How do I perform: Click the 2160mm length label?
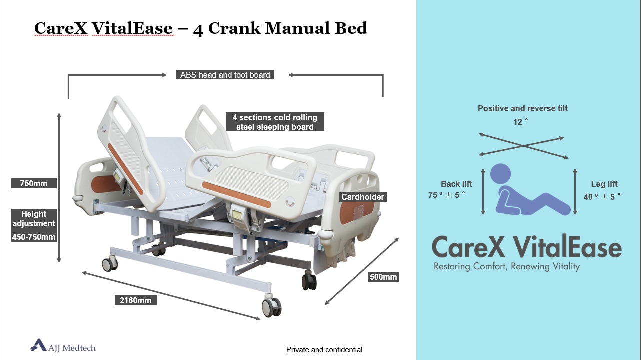(135, 300)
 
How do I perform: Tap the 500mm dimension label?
(383, 277)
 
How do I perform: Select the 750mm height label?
(34, 183)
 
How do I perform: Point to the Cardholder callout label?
(363, 197)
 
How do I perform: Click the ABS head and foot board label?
(225, 75)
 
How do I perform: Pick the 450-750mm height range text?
(34, 237)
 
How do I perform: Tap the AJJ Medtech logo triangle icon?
(39, 345)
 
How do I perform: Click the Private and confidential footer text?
(324, 350)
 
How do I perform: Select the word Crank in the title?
(234, 28)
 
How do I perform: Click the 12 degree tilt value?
(520, 122)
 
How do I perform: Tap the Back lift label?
(456, 184)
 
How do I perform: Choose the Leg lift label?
(604, 184)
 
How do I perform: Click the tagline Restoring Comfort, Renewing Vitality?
(507, 266)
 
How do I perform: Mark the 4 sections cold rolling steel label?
(275, 122)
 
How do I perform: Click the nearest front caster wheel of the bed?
(271, 307)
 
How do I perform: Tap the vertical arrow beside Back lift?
(483, 191)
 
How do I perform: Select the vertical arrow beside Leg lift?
(575, 191)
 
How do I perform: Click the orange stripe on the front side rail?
(236, 194)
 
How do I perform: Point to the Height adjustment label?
(34, 219)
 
